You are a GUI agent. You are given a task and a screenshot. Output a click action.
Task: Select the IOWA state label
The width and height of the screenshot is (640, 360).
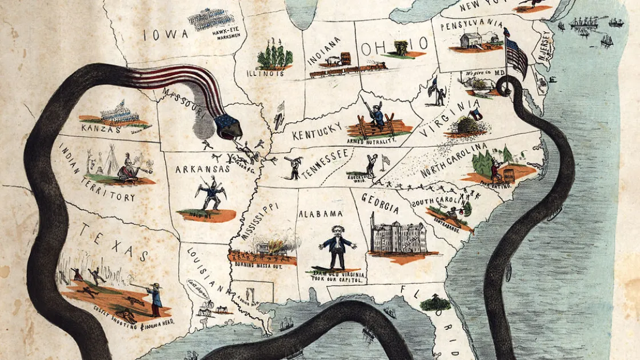coord(166,34)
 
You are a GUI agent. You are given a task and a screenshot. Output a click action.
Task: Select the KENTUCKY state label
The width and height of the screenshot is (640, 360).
coord(317,131)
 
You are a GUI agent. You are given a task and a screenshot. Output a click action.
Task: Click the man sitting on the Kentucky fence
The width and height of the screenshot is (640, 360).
coord(377,115)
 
